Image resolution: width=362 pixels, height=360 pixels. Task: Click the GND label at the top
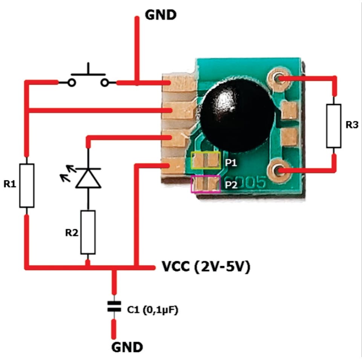pos(160,15)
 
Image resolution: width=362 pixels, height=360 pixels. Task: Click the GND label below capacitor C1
pos(127,347)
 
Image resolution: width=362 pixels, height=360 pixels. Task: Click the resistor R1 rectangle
pos(27,185)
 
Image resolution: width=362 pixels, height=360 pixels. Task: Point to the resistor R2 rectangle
pos(88,232)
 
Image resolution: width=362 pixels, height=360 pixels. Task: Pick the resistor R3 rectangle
pos(334,126)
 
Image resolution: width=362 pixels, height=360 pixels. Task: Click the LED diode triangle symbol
pos(88,178)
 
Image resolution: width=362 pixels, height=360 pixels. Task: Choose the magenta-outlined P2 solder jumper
pos(206,184)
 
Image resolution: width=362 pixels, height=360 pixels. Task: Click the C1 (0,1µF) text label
pos(152,310)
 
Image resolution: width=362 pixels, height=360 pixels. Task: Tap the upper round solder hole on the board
pos(278,78)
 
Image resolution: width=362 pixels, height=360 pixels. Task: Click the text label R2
pos(72,232)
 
